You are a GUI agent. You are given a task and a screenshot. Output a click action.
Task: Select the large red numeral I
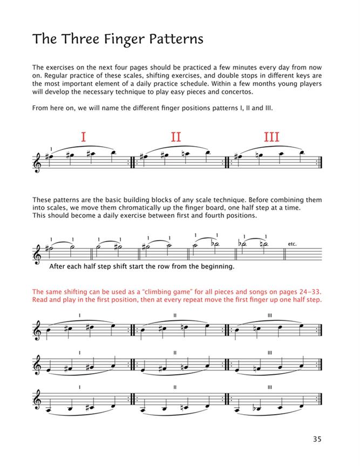click(x=83, y=138)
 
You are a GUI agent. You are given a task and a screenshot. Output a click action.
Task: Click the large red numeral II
click(x=176, y=138)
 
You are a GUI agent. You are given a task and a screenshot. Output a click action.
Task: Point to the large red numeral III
click(x=271, y=138)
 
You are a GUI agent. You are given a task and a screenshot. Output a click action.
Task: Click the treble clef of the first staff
click(x=37, y=162)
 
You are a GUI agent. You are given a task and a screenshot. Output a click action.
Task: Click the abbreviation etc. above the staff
click(x=293, y=244)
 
